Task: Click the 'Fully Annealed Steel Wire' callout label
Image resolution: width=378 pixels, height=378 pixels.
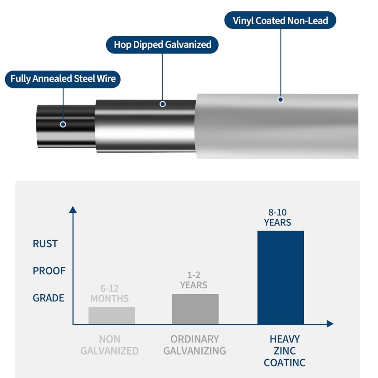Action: [x=63, y=79]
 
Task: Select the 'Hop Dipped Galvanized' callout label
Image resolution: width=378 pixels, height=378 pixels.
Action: [x=162, y=45]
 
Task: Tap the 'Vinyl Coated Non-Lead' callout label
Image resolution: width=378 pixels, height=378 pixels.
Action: [x=280, y=20]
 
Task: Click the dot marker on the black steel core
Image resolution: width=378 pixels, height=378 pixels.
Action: [x=63, y=124]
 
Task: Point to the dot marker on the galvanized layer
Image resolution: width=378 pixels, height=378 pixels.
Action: [x=163, y=104]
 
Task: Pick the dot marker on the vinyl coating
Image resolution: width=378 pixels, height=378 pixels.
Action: [x=280, y=100]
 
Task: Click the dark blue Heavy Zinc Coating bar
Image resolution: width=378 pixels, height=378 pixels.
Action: [x=280, y=277]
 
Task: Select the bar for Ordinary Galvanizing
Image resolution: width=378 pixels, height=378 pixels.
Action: [x=195, y=309]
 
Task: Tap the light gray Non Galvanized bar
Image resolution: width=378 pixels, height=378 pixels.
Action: [x=112, y=316]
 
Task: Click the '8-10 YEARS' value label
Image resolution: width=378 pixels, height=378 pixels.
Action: [x=277, y=217]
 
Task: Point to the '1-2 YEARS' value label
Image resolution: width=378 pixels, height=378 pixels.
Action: [x=194, y=280]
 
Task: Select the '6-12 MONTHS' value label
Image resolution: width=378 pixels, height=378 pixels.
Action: [x=110, y=293]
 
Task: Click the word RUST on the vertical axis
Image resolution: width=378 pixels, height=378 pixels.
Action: [x=45, y=244]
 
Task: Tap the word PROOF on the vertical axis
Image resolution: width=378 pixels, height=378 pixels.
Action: [x=49, y=271]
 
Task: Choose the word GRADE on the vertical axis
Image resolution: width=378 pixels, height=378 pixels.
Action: [x=48, y=298]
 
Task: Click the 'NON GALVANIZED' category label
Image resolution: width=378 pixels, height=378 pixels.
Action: [x=110, y=345]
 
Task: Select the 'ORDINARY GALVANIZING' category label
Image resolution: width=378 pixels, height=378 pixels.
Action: [x=195, y=345]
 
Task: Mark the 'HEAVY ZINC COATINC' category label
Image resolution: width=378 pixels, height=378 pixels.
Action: [x=285, y=351]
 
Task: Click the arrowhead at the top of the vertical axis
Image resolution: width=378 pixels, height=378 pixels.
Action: [x=73, y=209]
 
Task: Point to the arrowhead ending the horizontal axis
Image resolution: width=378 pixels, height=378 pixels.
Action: [x=330, y=324]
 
